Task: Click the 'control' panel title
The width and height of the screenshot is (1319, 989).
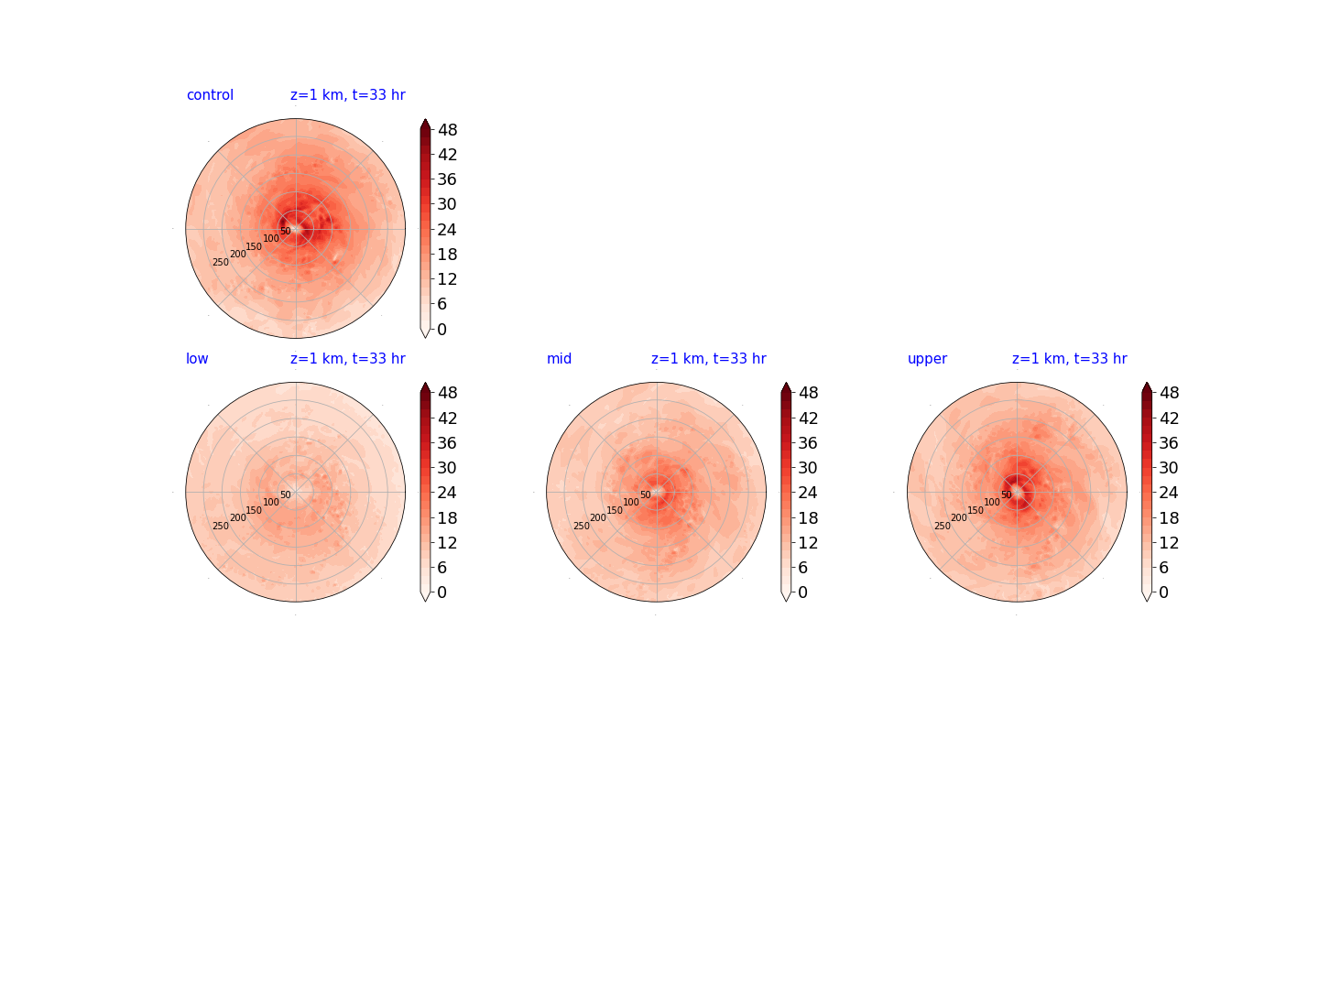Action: [210, 95]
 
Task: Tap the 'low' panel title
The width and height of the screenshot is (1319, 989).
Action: [197, 358]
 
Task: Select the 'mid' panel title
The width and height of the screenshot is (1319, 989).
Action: [559, 358]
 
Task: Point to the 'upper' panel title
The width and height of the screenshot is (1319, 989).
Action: [927, 359]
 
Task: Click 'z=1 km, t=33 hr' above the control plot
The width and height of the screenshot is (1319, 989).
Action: [348, 95]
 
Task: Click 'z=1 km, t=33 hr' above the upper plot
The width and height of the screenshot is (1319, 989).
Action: [1070, 358]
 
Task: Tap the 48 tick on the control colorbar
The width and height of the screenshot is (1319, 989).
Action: [448, 130]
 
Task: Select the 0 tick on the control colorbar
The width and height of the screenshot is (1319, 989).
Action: [442, 329]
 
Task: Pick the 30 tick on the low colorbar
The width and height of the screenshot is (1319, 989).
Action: [447, 468]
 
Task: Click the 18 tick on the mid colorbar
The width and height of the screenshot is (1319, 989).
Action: [808, 517]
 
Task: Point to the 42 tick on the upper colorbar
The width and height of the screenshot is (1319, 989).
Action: [1170, 418]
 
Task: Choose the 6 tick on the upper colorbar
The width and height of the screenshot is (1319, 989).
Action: [1164, 568]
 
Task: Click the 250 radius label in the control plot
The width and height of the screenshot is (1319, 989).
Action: [221, 263]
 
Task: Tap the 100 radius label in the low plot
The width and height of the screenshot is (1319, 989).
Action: [271, 502]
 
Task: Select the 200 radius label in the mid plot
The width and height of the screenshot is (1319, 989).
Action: [598, 517]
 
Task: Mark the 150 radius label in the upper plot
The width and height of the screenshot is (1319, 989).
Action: [976, 510]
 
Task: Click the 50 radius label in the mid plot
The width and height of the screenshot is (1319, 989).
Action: [646, 494]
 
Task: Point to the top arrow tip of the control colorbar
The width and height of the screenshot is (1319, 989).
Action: [425, 119]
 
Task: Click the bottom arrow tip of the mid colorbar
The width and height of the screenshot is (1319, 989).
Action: [786, 602]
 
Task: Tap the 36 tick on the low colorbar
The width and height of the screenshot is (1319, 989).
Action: [447, 443]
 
